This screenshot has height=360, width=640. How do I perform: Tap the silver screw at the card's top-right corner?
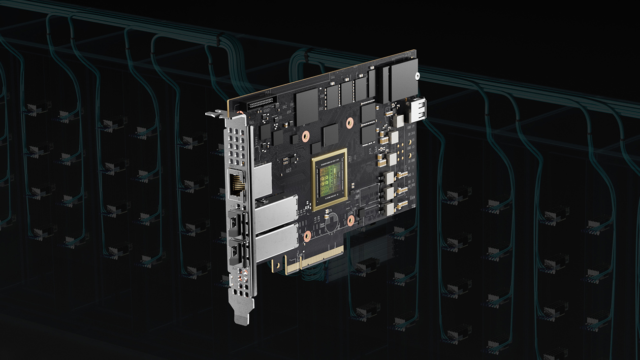(x=417, y=77)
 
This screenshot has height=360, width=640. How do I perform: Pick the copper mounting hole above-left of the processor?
(x=305, y=137)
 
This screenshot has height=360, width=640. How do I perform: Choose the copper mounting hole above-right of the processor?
(x=350, y=122)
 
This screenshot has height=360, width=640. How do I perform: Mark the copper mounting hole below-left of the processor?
(x=306, y=236)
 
